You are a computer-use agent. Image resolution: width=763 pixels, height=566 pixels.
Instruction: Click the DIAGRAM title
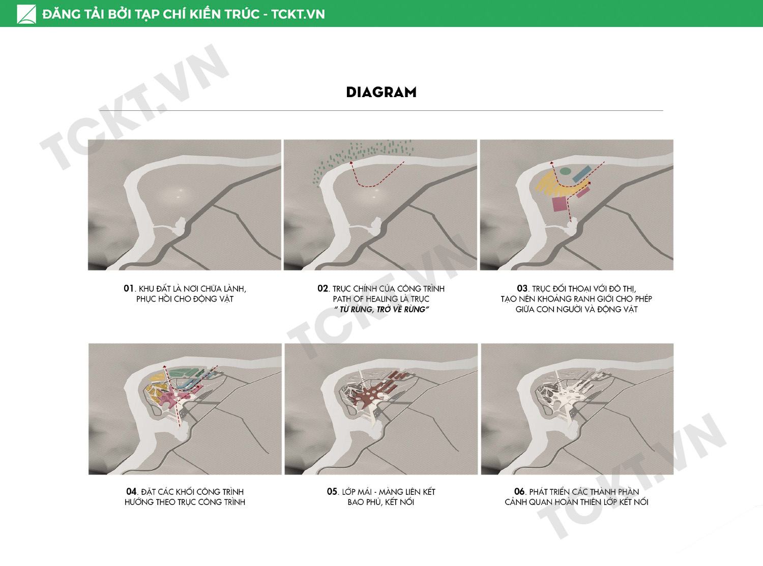pyautogui.click(x=381, y=92)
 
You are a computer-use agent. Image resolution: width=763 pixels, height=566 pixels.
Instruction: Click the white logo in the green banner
pyautogui.click(x=26, y=14)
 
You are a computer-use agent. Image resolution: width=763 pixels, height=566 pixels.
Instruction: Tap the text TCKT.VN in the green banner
pyautogui.click(x=298, y=14)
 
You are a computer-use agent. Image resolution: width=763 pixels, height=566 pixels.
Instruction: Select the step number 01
pyautogui.click(x=128, y=288)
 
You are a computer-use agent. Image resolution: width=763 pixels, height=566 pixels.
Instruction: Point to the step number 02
pyautogui.click(x=323, y=288)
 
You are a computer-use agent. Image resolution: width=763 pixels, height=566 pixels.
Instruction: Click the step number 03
pyautogui.click(x=522, y=288)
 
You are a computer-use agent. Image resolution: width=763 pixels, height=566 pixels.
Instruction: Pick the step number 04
pyautogui.click(x=131, y=491)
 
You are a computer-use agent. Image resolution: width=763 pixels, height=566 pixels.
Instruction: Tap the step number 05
pyautogui.click(x=332, y=491)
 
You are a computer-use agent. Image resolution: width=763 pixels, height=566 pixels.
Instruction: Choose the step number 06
pyautogui.click(x=519, y=491)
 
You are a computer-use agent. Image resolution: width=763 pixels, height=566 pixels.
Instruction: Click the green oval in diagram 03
pyautogui.click(x=565, y=171)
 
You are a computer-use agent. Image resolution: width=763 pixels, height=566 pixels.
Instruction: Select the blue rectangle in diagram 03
pyautogui.click(x=582, y=174)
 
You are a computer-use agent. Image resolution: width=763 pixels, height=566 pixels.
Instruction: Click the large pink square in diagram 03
pyautogui.click(x=560, y=204)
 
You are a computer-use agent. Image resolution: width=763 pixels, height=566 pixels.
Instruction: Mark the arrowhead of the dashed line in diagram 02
pyautogui.click(x=351, y=163)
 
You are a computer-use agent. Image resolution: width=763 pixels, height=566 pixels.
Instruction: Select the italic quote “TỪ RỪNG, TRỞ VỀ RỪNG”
pyautogui.click(x=381, y=309)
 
